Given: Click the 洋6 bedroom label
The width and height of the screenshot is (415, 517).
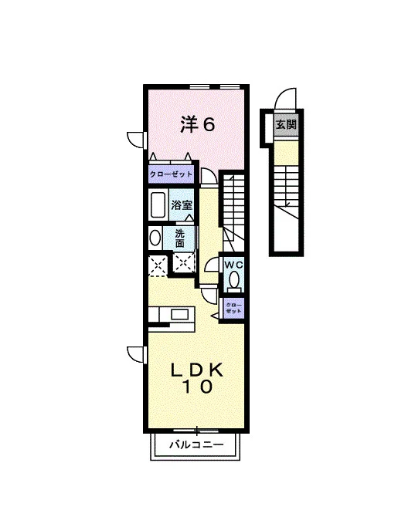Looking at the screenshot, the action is click(197, 125).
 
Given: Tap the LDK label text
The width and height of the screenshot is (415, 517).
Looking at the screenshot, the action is click(197, 370).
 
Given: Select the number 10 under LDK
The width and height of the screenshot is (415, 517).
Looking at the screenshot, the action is click(197, 387).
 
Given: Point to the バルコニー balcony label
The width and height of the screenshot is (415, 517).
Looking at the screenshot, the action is click(196, 444).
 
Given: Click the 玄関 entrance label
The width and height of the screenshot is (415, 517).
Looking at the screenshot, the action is click(286, 125).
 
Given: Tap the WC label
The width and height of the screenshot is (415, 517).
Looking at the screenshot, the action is click(233, 265).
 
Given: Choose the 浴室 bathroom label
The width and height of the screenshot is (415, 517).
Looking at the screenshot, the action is click(182, 205).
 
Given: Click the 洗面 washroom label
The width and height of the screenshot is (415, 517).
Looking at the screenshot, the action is click(179, 238).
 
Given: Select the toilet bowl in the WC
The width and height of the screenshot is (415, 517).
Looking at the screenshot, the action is click(234, 281).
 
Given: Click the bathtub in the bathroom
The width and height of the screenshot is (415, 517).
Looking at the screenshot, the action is click(158, 204).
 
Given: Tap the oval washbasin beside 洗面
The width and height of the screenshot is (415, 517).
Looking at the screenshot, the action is click(155, 238).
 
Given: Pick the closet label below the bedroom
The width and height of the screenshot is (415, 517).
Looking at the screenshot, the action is click(171, 174).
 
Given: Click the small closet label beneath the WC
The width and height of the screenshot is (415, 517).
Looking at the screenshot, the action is click(233, 308).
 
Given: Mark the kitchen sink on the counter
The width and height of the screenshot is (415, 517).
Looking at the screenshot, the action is click(179, 315).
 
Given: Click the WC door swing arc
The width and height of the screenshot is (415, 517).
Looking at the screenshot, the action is click(212, 265).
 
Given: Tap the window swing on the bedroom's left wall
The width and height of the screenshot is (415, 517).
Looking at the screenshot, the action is click(136, 140).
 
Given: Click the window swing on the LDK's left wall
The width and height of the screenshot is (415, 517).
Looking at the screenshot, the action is click(136, 355).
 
